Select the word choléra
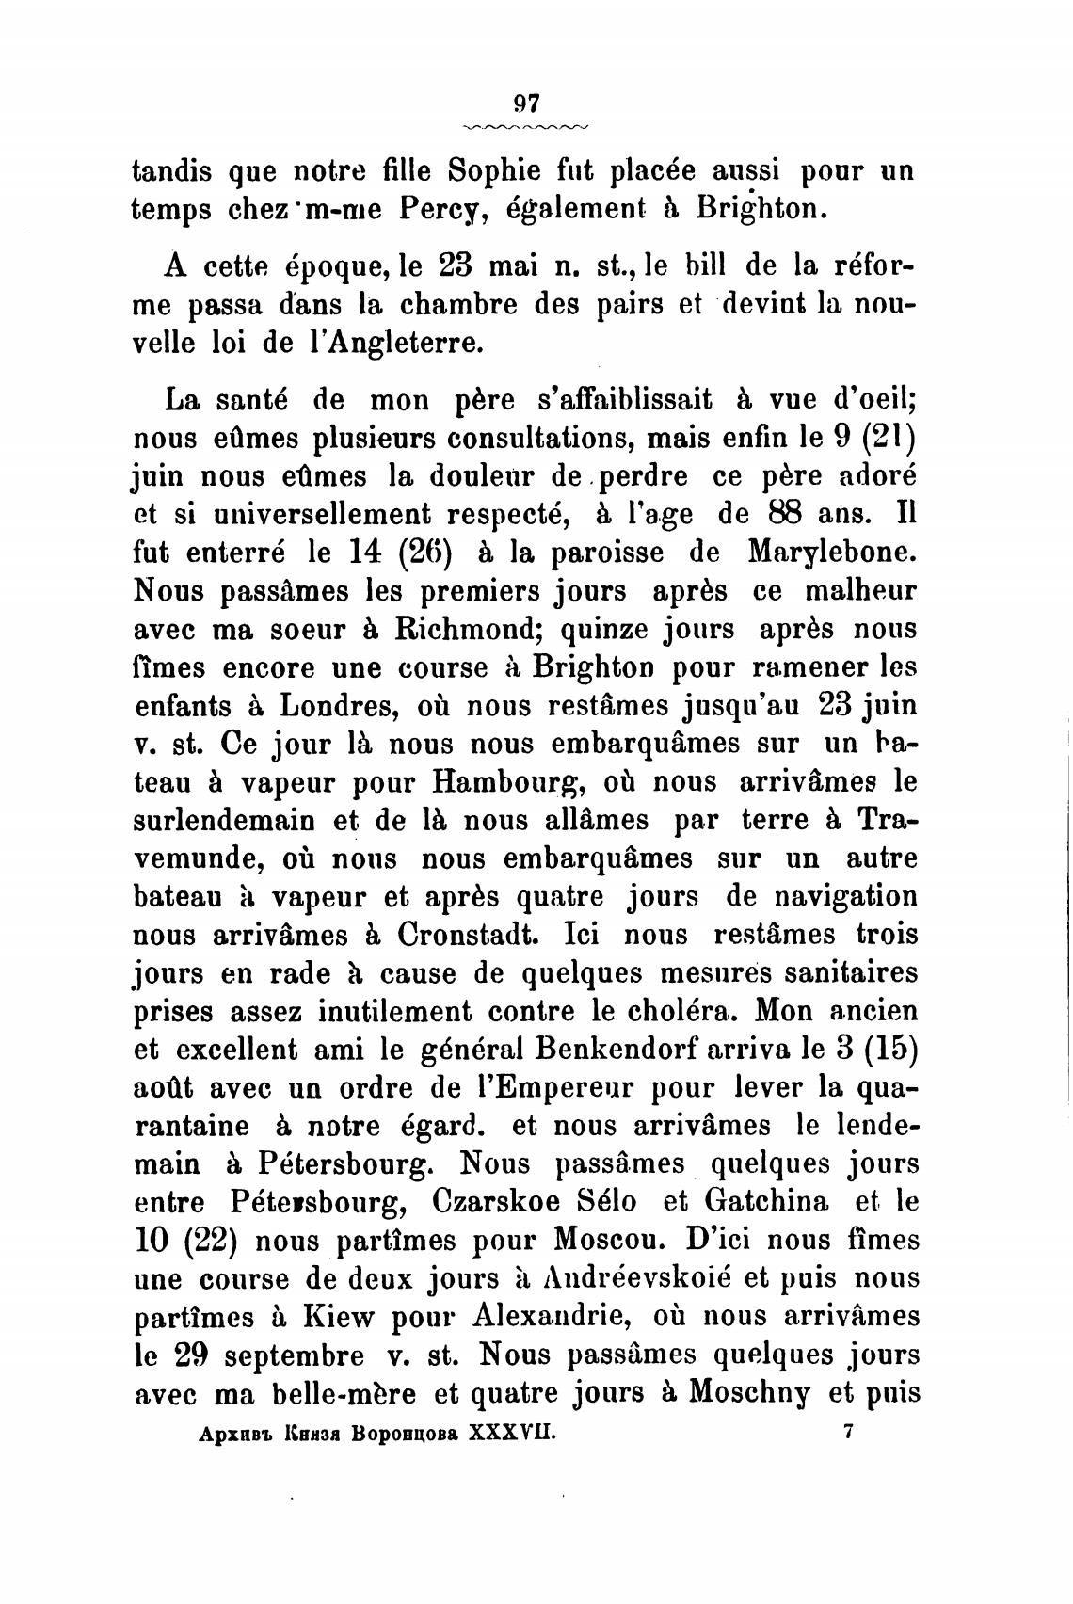[679, 1012]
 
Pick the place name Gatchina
[767, 1202]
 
